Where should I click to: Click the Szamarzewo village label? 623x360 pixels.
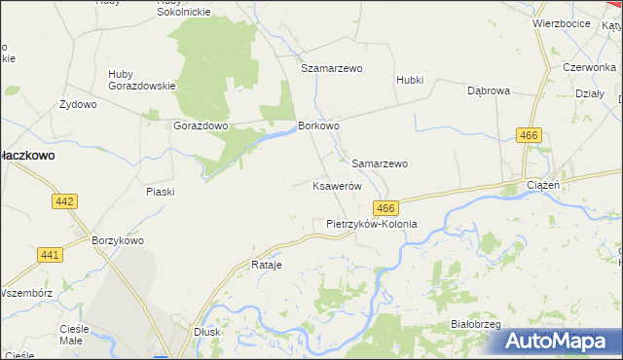pyautogui.click(x=331, y=69)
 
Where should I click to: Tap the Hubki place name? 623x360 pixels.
pyautogui.click(x=410, y=80)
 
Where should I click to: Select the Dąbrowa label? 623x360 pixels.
pyautogui.click(x=489, y=90)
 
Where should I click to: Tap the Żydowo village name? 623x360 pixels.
pyautogui.click(x=78, y=104)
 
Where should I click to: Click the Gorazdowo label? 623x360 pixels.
pyautogui.click(x=200, y=126)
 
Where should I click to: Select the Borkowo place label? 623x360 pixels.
pyautogui.click(x=318, y=126)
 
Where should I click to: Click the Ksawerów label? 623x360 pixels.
pyautogui.click(x=337, y=185)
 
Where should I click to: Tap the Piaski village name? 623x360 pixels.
pyautogui.click(x=160, y=192)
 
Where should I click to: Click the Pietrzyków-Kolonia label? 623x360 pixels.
pyautogui.click(x=371, y=224)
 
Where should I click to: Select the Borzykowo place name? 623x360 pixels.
pyautogui.click(x=117, y=240)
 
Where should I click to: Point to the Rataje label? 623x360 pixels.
pyautogui.click(x=267, y=265)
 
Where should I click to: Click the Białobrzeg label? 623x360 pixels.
pyautogui.click(x=475, y=323)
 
